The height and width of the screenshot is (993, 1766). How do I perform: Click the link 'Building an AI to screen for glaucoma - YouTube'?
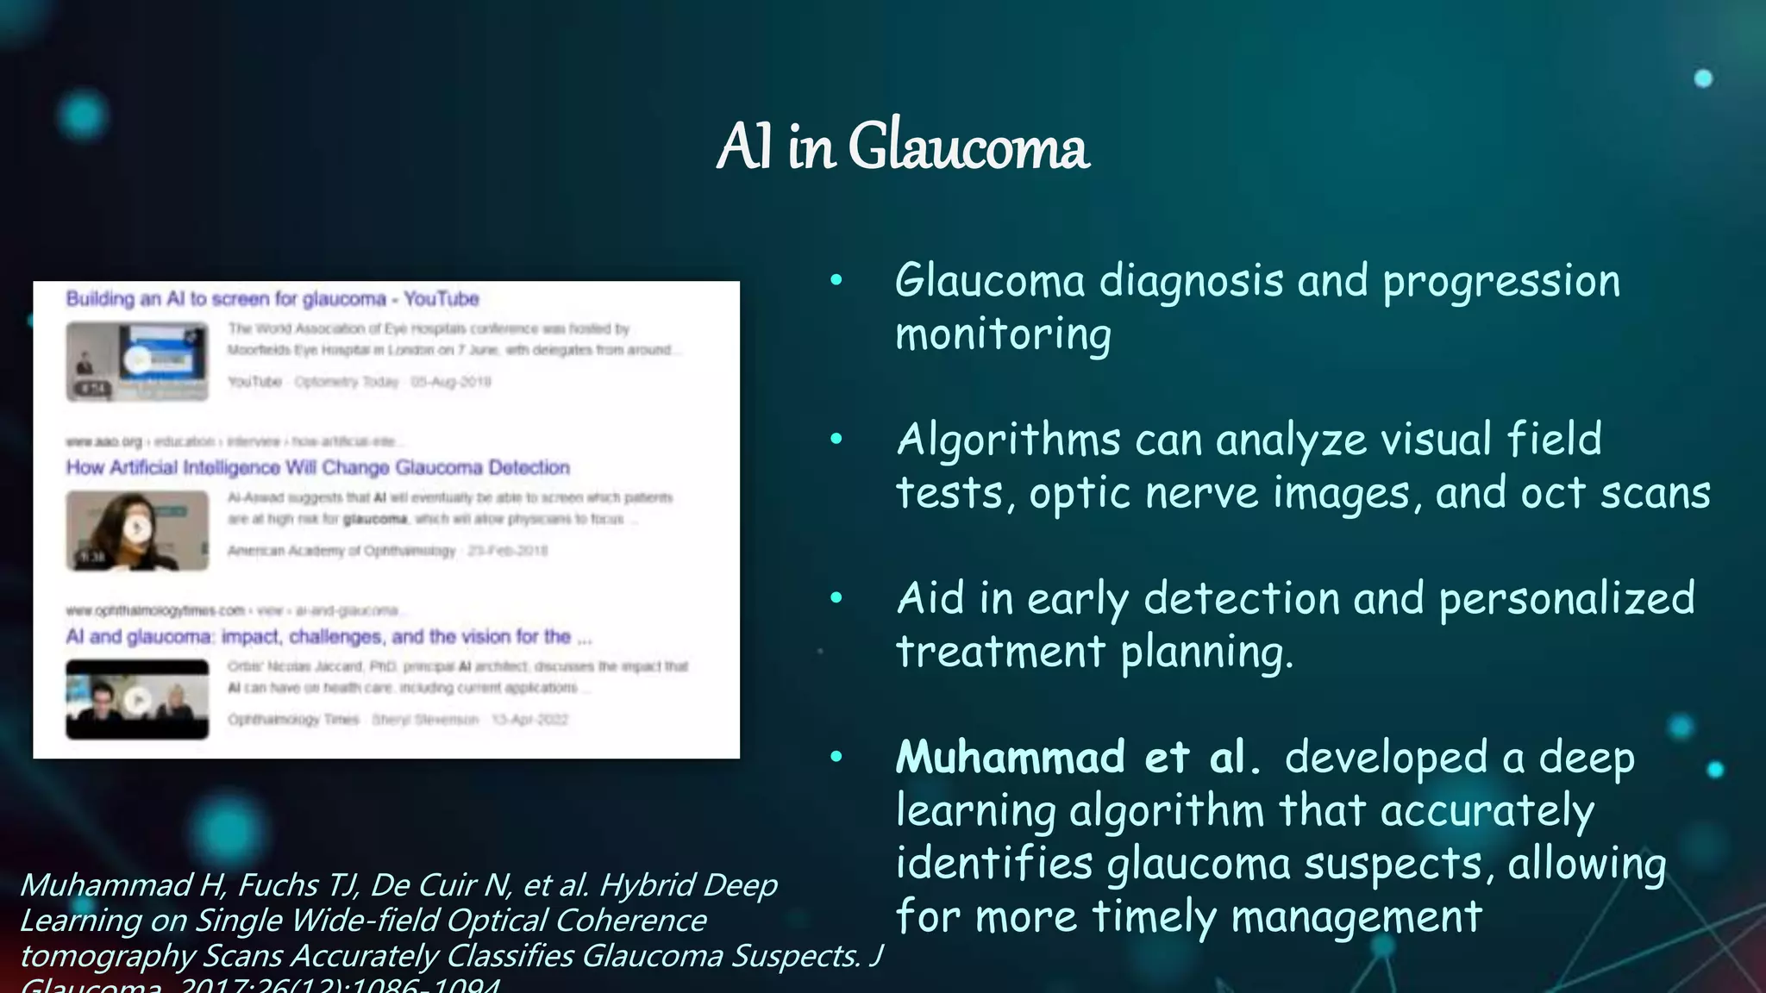272,299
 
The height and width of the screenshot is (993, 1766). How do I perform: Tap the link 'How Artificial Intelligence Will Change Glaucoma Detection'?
317,468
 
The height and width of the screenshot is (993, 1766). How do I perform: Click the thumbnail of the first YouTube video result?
137,361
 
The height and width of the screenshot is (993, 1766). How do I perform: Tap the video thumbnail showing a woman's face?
137,530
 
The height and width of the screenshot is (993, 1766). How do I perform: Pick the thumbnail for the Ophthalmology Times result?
137,699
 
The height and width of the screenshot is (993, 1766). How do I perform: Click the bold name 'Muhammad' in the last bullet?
1010,758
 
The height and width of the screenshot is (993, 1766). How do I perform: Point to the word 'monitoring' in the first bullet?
1003,334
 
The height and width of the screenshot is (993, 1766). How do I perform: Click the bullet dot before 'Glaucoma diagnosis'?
836,281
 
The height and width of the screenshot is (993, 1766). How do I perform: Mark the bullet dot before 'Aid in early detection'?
836,598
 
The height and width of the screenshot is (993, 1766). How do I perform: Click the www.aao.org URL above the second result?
103,442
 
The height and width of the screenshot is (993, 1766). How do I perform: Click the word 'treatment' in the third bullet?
1000,652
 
